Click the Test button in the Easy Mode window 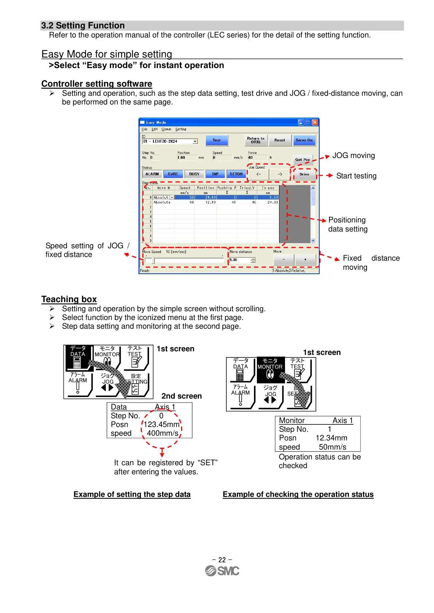216,140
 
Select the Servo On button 304,140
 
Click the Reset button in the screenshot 280,140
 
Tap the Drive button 304,174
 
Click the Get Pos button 302,160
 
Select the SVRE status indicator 173,174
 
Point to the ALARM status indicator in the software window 152,174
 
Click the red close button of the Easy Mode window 315,123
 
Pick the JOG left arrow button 258,174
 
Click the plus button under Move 305,260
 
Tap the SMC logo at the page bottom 222,571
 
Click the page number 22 222,559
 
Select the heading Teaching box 69,299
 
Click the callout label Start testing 356,176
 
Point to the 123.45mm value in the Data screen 161,424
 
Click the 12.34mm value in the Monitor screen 331,438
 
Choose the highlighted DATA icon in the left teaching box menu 78,357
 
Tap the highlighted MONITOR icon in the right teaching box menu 270,370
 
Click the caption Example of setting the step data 132,494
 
